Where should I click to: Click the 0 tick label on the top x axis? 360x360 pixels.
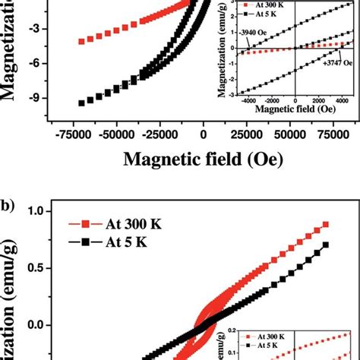(203, 133)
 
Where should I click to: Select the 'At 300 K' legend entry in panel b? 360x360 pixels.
(136, 225)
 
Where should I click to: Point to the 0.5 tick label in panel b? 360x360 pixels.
(30, 268)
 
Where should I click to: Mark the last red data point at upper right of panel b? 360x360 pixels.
(325, 225)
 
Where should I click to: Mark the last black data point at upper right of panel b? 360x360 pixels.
(325, 245)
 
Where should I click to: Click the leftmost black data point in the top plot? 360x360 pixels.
(81, 103)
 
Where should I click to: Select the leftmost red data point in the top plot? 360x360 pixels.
(81, 41)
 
